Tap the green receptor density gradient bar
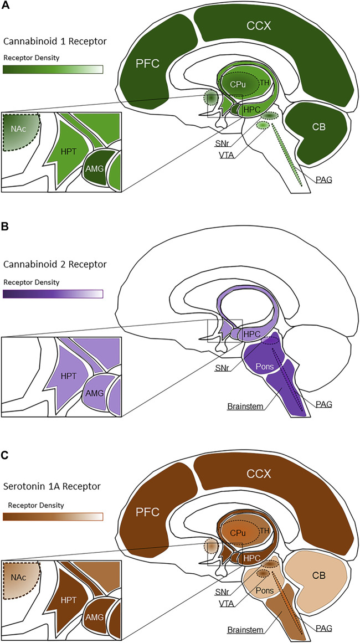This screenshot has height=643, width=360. point(53,69)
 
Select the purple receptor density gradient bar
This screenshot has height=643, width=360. point(53,294)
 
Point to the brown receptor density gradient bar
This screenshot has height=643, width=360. point(53,517)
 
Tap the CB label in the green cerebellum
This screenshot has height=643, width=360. point(317,127)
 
